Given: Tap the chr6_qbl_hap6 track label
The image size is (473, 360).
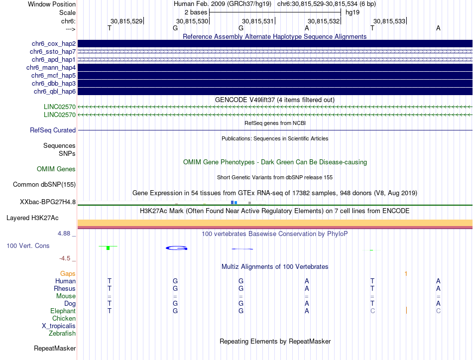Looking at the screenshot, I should tap(54, 91).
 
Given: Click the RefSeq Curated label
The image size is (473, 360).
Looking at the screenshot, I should tap(53, 130).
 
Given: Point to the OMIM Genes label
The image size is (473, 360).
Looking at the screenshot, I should tap(56, 169).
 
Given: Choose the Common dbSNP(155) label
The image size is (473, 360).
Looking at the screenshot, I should tap(44, 184).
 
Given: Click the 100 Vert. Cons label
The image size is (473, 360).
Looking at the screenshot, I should tap(28, 245).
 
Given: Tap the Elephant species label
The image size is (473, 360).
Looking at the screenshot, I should tap(63, 311).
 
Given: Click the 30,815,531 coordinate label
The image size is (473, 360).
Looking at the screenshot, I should tap(257, 21).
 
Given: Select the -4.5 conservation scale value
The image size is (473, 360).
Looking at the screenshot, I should tap(67, 258).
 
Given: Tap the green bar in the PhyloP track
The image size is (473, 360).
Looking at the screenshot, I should tap(108, 247).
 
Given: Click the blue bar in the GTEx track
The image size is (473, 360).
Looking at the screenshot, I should tap(234, 202).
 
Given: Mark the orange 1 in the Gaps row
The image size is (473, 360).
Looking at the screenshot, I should tap(406, 273).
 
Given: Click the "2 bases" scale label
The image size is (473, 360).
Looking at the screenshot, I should tap(196, 11).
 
